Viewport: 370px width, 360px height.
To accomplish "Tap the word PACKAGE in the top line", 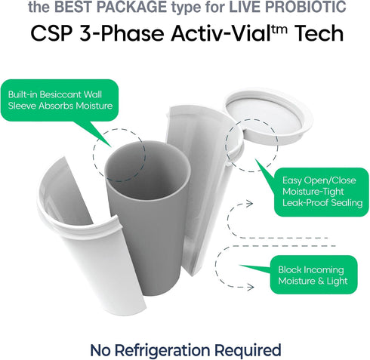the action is pos(131,6).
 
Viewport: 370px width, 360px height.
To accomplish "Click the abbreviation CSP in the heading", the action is pos(51,34).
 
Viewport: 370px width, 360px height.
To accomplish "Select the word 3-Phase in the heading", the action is pos(122,35).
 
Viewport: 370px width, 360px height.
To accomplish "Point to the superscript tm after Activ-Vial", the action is pos(279,29).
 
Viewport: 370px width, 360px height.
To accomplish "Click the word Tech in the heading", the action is pos(319,33).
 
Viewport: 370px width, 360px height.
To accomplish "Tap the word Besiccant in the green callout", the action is pos(60,94).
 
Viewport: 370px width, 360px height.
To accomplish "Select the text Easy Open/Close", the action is pos(319,180).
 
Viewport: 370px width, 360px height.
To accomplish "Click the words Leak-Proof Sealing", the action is pos(322,203).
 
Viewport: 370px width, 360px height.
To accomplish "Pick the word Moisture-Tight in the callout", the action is pos(313,192).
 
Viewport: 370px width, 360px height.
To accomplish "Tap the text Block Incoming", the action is pos(311,270).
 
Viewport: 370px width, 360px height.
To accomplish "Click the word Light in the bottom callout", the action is pos(337,281).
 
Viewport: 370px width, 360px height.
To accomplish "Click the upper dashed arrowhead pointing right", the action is pos(249,204).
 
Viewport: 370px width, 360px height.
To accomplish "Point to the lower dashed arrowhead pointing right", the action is pos(250,287).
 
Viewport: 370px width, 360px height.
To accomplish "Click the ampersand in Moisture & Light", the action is pos(320,282).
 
